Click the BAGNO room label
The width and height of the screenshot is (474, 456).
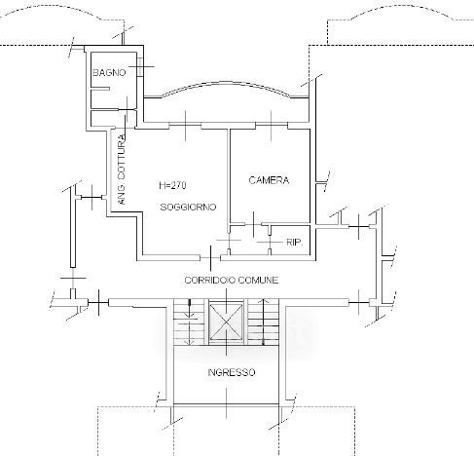pyautogui.click(x=109, y=72)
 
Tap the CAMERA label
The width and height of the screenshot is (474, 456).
pyautogui.click(x=269, y=180)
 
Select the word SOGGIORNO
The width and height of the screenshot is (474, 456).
pyautogui.click(x=188, y=207)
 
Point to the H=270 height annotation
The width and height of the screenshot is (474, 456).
pyautogui.click(x=172, y=185)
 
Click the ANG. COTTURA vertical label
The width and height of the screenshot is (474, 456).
pyautogui.click(x=122, y=170)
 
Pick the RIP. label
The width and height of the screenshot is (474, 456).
pyautogui.click(x=295, y=243)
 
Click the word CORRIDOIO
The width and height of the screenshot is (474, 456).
pyautogui.click(x=209, y=280)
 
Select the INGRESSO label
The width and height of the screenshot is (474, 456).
pyautogui.click(x=232, y=372)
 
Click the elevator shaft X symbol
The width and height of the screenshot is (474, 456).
pyautogui.click(x=226, y=323)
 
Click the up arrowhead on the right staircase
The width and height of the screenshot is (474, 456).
pyautogui.click(x=263, y=301)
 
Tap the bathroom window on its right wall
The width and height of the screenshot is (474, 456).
pyautogui.click(x=140, y=66)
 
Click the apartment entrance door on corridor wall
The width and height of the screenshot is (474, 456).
pyautogui.click(x=210, y=258)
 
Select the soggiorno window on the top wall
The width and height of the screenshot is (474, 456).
pyautogui.click(x=185, y=126)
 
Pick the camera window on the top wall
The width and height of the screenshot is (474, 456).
pyautogui.click(x=272, y=126)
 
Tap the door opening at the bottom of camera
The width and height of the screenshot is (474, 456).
pyautogui.click(x=253, y=224)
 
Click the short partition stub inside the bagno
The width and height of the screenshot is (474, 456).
pyautogui.click(x=100, y=89)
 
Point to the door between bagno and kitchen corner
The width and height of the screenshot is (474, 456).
pyautogui.click(x=127, y=110)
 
